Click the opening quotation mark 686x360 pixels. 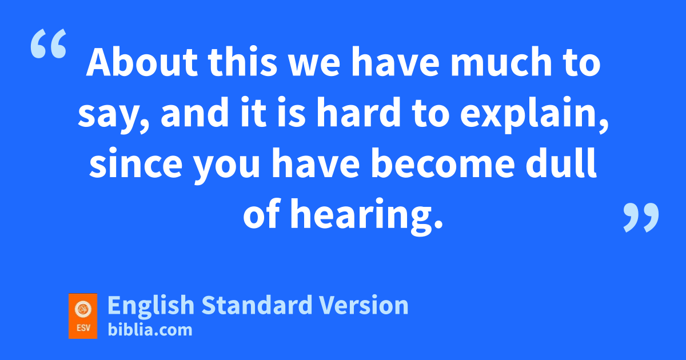point(49,43)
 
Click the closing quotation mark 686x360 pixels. point(641,217)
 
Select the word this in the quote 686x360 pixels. point(242,62)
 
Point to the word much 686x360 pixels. point(501,62)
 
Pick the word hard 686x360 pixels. point(358,111)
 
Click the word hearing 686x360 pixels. point(366,217)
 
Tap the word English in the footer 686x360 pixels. point(151,305)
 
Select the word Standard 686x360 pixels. point(257,305)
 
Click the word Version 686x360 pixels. point(364,305)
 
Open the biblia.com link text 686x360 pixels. point(150,329)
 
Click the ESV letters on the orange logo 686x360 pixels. point(83,328)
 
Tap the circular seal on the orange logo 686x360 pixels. point(83,309)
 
